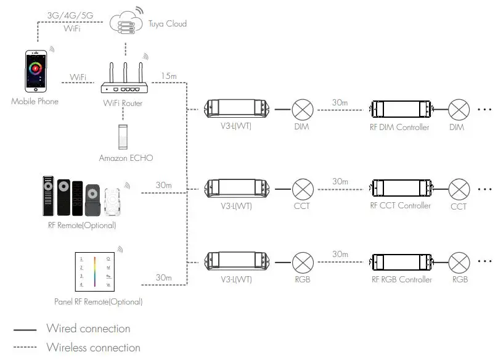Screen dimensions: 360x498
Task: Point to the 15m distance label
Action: (168, 76)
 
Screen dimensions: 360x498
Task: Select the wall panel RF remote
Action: (96, 272)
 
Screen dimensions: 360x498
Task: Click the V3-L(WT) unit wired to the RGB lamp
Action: (237, 261)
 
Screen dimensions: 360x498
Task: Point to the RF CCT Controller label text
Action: (401, 205)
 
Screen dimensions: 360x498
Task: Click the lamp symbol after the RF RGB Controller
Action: (459, 261)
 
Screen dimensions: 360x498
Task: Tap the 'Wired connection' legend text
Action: (88, 329)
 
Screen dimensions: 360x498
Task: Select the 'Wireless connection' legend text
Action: (93, 348)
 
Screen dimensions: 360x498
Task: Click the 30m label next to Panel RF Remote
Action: (163, 278)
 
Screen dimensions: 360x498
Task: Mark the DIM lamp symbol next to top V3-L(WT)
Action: (302, 110)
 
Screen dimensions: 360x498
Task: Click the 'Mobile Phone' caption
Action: (35, 101)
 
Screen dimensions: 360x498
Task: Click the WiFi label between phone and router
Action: (78, 77)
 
